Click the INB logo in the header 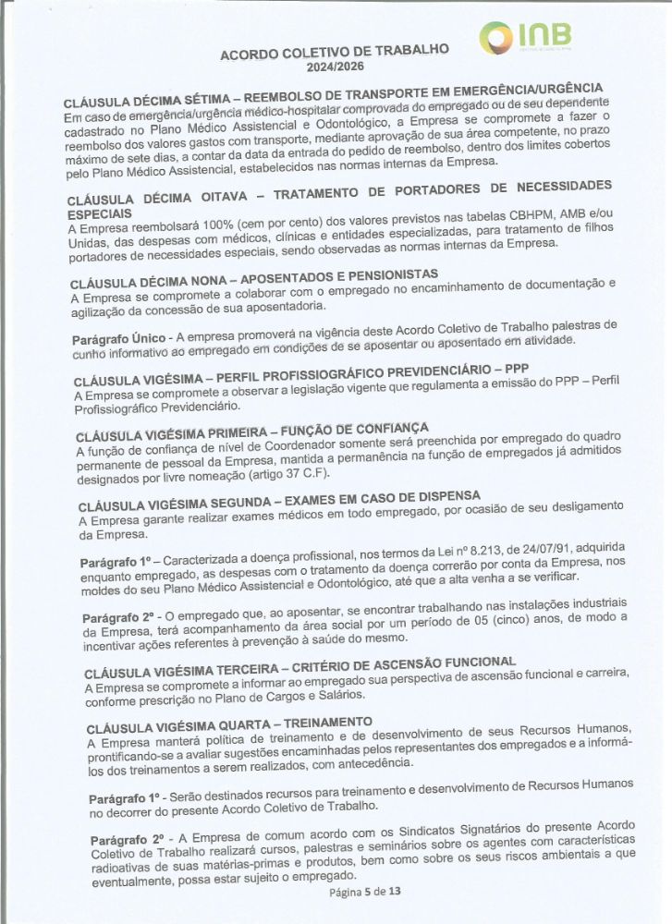[x=525, y=40]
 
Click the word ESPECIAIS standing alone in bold [x=100, y=213]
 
